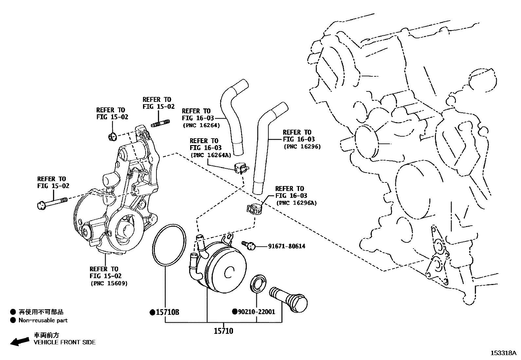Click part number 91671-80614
286,246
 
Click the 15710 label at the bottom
224,331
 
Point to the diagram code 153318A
503,353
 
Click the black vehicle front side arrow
20,341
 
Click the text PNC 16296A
296,203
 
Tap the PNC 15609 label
109,283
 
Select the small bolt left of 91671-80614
249,245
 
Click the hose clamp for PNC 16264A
241,168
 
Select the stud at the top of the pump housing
161,124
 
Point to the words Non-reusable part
43,320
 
